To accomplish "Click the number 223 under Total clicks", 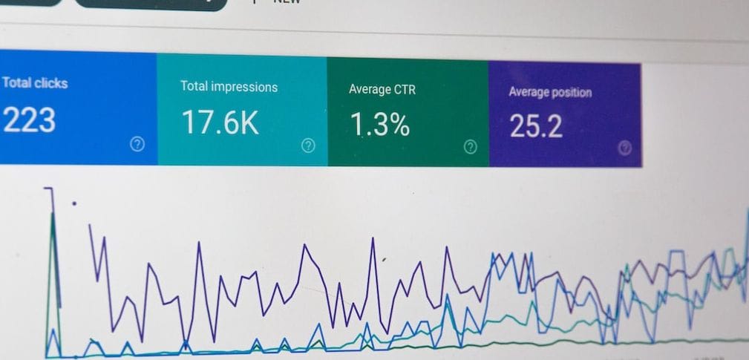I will pyautogui.click(x=30, y=120).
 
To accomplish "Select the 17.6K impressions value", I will pyautogui.click(x=220, y=122).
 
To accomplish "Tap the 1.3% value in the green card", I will pyautogui.click(x=379, y=125).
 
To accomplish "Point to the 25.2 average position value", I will pyautogui.click(x=536, y=127).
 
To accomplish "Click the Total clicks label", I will pyautogui.click(x=34, y=82).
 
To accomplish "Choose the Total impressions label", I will pyautogui.click(x=229, y=87).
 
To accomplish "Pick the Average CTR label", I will pyautogui.click(x=382, y=90).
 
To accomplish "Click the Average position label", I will pyautogui.click(x=550, y=93).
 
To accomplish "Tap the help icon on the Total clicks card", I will pyautogui.click(x=137, y=144).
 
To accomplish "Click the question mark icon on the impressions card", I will pyautogui.click(x=308, y=145).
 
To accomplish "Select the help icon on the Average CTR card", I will pyautogui.click(x=470, y=147).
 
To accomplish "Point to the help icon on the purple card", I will pyautogui.click(x=625, y=148).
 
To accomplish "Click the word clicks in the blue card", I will pyautogui.click(x=50, y=83).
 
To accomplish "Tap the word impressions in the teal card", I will pyautogui.click(x=243, y=87).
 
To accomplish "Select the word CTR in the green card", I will pyautogui.click(x=404, y=90).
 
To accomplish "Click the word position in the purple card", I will pyautogui.click(x=571, y=93).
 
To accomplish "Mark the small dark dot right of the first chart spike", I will pyautogui.click(x=73, y=203).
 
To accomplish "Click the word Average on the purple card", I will pyautogui.click(x=529, y=93).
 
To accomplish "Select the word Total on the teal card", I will pyautogui.click(x=193, y=86).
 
